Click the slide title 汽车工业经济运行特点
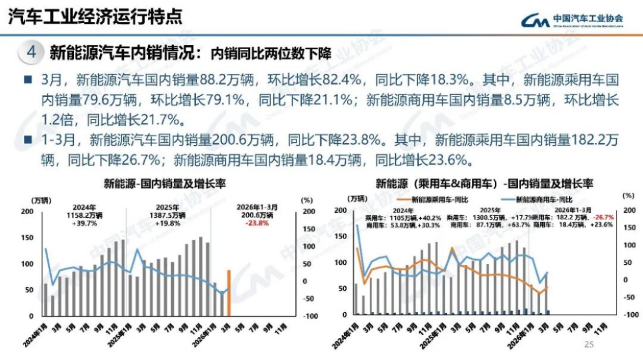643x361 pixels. click(95, 15)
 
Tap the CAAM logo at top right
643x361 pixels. click(572, 20)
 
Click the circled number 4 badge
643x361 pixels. click(30, 52)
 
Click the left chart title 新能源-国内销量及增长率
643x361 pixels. click(166, 183)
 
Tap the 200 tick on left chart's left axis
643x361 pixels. click(27, 211)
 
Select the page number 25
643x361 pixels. click(589, 344)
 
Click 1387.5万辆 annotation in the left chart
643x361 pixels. click(168, 216)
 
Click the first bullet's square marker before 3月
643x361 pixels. click(28, 79)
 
